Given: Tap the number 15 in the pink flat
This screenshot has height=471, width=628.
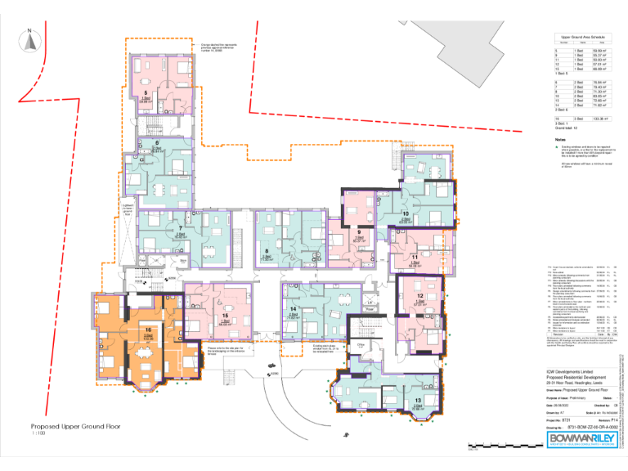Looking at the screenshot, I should tap(224, 315).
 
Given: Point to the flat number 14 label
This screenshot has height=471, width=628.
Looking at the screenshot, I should tap(292, 308).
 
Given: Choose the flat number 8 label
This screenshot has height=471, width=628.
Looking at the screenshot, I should tap(267, 250).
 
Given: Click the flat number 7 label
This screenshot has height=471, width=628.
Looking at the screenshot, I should tap(180, 228).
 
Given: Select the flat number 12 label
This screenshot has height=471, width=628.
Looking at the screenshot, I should tap(419, 295).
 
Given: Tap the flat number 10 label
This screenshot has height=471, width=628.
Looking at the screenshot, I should tap(406, 214).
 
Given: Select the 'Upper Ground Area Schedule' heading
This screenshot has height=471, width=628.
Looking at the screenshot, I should tap(581, 38).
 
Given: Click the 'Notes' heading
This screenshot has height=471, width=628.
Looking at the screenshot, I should tap(560, 140).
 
